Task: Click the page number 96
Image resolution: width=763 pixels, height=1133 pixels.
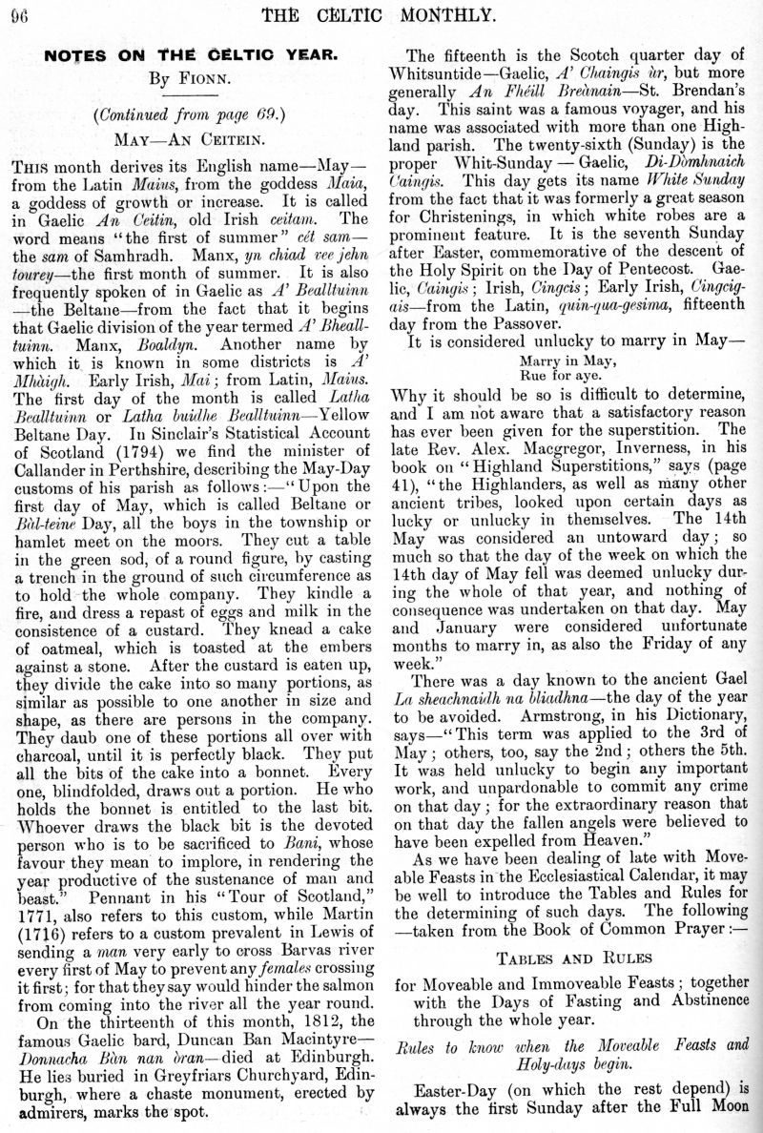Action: click(x=21, y=14)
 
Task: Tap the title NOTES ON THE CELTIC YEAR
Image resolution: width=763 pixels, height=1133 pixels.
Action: click(x=191, y=55)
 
